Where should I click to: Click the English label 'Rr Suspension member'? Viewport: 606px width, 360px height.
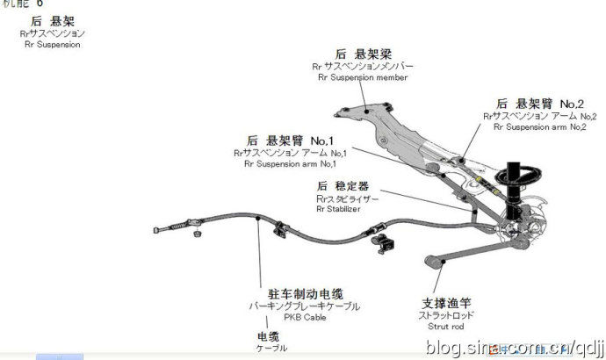363,77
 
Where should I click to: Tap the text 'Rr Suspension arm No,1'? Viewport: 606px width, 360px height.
291,163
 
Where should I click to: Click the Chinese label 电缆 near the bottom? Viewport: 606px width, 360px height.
269,335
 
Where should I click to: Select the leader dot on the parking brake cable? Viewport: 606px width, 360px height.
256,221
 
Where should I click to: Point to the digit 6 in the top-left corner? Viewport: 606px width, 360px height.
40,4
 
